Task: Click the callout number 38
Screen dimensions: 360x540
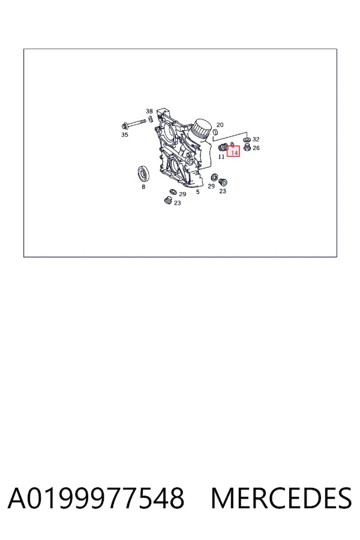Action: pos(149,111)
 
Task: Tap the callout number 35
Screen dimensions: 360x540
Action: pos(125,134)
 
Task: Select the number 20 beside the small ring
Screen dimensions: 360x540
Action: pos(220,125)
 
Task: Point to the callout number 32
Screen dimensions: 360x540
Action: pos(256,139)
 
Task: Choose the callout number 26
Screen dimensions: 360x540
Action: pos(256,148)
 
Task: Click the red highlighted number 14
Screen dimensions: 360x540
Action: pos(235,152)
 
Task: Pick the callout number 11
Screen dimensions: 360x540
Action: pos(221,157)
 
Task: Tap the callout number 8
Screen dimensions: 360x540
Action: pos(143,187)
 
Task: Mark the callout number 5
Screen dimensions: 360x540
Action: pos(198,192)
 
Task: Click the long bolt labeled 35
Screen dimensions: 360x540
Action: pos(134,124)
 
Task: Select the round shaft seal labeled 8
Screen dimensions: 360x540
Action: pos(143,173)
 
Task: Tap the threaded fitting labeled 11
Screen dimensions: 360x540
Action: pos(223,148)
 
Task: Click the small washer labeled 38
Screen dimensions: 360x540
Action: pos(151,119)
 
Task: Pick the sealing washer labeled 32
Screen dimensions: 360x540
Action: pos(247,140)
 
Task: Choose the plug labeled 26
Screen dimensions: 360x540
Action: pos(247,148)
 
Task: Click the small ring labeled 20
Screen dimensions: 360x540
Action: pos(215,131)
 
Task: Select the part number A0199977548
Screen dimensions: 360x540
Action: pos(96,498)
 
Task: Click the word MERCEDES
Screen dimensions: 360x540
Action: pos(281,498)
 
